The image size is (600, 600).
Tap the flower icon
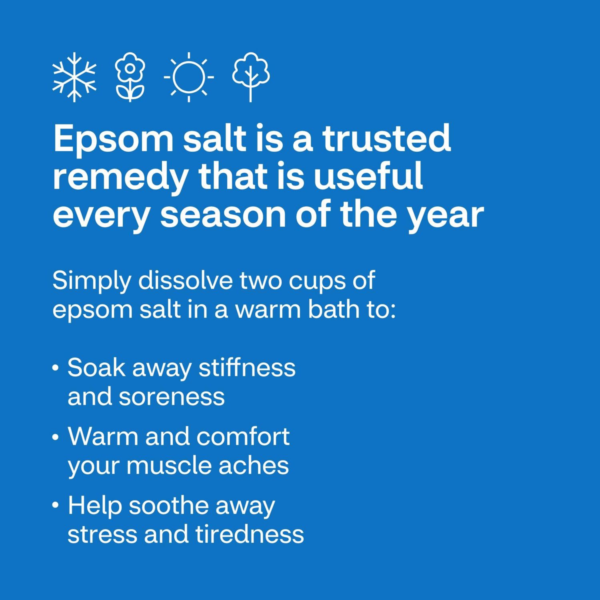130,77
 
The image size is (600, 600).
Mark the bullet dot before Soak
56,368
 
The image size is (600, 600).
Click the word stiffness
247,367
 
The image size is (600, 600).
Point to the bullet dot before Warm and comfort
56,437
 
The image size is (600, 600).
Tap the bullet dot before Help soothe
56,506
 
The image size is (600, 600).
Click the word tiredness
249,534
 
